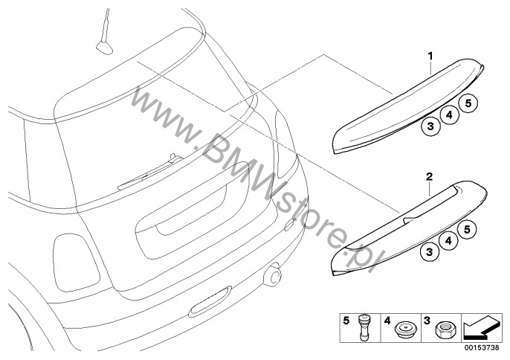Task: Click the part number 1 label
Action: tap(430, 57)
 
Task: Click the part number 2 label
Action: tap(430, 177)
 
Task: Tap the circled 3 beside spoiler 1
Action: tap(430, 126)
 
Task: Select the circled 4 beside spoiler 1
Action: tap(450, 115)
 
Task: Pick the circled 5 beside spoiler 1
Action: tap(468, 103)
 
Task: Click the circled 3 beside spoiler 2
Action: tap(430, 252)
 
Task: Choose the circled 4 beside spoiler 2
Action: tap(448, 241)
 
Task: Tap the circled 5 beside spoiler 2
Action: tap(467, 230)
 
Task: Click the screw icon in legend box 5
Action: tap(364, 327)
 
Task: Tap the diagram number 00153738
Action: tap(482, 347)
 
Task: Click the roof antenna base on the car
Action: tap(104, 47)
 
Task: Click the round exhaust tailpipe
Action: tap(273, 275)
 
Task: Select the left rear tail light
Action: tap(76, 263)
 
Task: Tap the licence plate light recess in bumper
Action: tap(210, 301)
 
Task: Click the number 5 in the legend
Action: tap(346, 321)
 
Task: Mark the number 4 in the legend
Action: tap(387, 321)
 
